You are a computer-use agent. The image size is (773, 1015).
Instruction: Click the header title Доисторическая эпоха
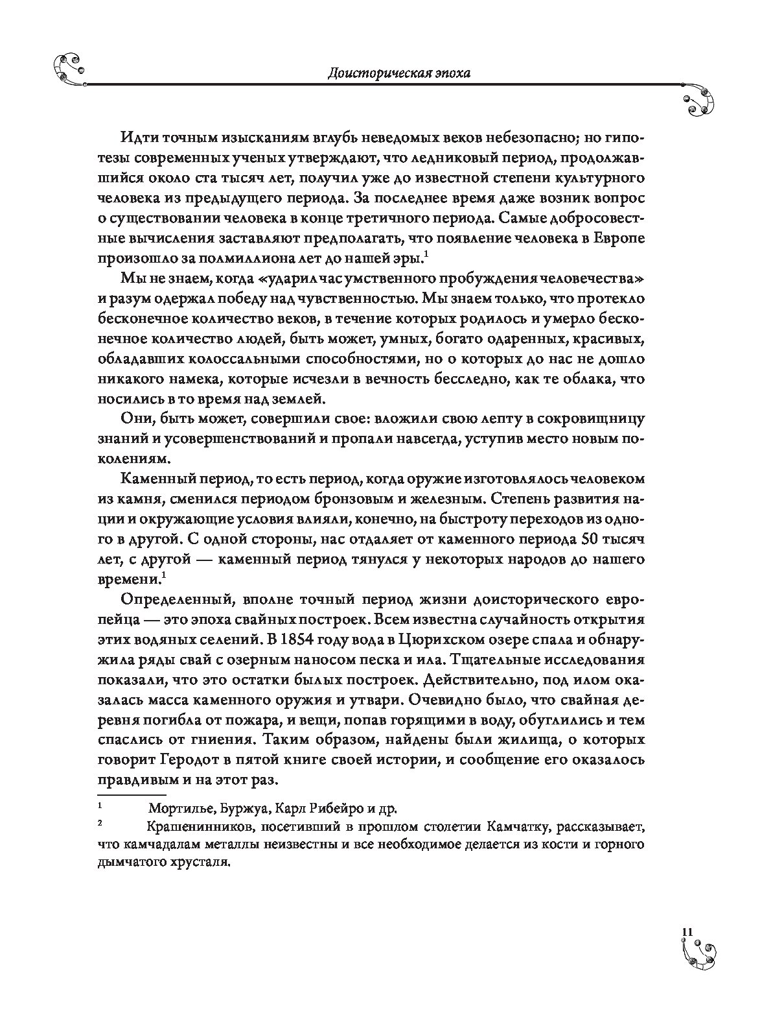coord(398,73)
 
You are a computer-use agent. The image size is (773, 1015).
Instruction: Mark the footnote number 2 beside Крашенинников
coord(100,824)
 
